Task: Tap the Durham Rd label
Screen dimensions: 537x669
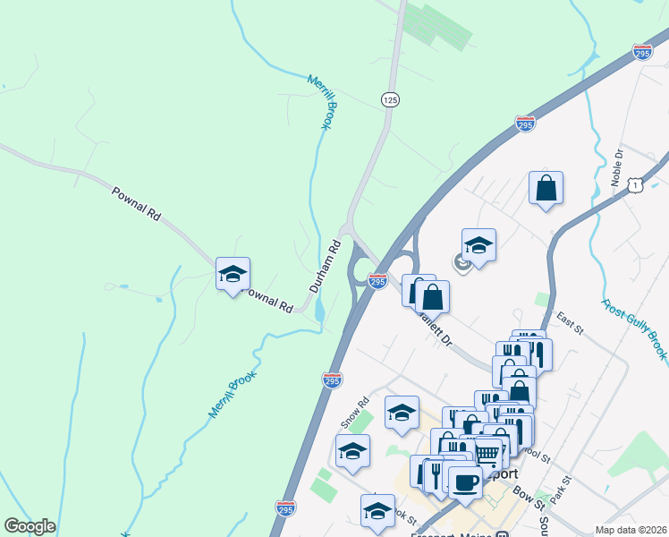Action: click(x=326, y=266)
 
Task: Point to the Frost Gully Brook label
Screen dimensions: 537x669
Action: click(x=634, y=330)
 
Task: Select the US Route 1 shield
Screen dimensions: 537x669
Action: click(x=635, y=184)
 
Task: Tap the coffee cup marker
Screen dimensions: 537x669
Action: click(x=465, y=482)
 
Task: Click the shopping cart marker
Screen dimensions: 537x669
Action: click(x=487, y=453)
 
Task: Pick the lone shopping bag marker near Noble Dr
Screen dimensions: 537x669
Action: click(x=546, y=189)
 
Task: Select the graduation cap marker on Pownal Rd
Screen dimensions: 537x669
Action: click(x=233, y=275)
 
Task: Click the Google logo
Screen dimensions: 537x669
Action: click(x=30, y=526)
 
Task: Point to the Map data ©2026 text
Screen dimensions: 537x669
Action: click(x=631, y=530)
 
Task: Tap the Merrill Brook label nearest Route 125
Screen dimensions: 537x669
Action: click(x=320, y=102)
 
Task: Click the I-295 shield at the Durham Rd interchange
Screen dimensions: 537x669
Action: click(x=377, y=281)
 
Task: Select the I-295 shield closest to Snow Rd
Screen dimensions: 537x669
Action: click(x=332, y=379)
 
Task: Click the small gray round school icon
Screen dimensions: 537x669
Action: click(x=462, y=263)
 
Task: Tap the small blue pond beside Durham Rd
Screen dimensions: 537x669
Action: click(x=320, y=311)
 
